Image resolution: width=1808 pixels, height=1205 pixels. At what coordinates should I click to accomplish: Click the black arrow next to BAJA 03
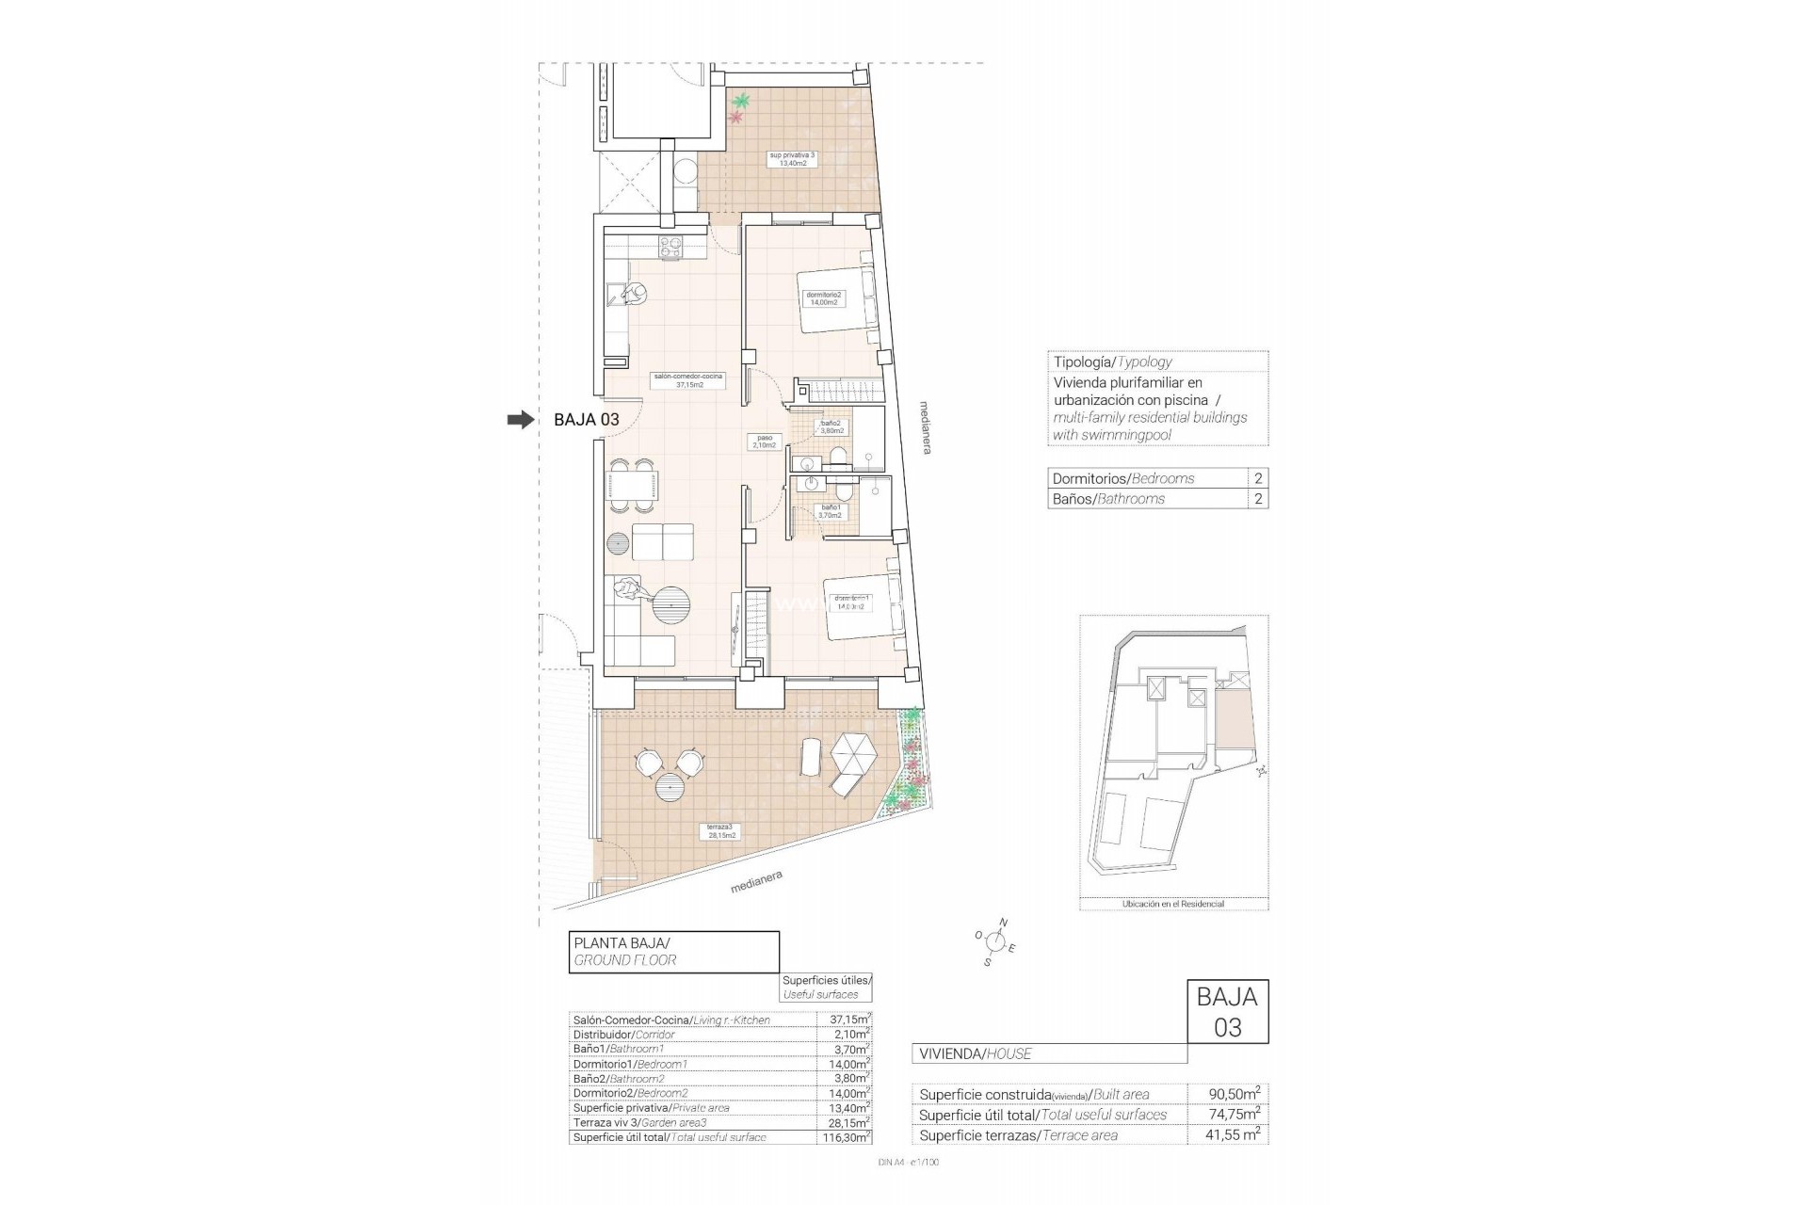tap(520, 420)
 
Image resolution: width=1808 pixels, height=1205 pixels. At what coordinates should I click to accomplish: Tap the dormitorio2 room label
tap(825, 298)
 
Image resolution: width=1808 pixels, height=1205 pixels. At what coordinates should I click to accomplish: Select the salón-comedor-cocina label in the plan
tap(687, 380)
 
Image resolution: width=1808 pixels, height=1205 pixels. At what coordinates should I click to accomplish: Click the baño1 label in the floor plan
tap(830, 511)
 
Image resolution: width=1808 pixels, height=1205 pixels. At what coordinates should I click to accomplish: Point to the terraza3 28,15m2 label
tap(723, 830)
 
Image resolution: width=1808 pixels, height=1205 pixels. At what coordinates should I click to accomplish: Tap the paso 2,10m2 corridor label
tap(764, 441)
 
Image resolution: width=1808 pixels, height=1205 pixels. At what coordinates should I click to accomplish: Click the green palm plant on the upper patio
tap(743, 101)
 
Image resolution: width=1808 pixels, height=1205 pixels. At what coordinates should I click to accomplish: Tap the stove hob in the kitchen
tap(670, 249)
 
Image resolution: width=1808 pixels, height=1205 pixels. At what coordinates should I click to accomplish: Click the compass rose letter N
tap(1003, 923)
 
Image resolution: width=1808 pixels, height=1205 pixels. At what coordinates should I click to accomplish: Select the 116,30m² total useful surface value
tap(843, 1137)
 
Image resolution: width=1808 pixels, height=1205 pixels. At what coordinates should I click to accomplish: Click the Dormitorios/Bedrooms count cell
tap(1258, 478)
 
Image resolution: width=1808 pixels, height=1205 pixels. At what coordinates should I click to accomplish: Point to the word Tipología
tap(1082, 361)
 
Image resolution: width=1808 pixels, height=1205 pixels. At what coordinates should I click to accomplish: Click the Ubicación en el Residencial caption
tap(1172, 904)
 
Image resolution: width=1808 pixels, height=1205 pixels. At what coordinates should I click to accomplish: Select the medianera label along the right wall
tap(927, 428)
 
